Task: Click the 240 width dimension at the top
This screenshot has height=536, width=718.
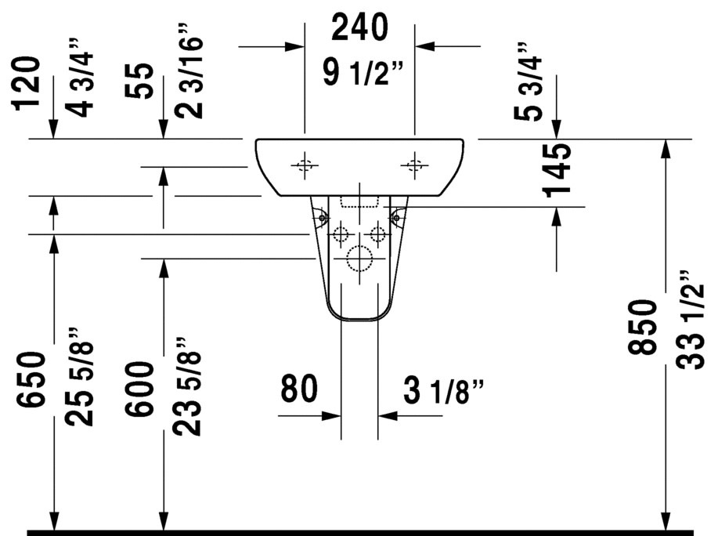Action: (359, 27)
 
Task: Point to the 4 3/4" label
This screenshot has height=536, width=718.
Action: (79, 78)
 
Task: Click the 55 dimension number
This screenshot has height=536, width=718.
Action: (139, 81)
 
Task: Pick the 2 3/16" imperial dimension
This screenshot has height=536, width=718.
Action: (189, 71)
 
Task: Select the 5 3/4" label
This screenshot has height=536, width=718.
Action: (528, 82)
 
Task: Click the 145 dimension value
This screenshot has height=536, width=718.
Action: (557, 170)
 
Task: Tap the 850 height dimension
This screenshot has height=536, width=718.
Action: (642, 327)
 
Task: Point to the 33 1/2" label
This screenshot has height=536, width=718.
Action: (690, 320)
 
